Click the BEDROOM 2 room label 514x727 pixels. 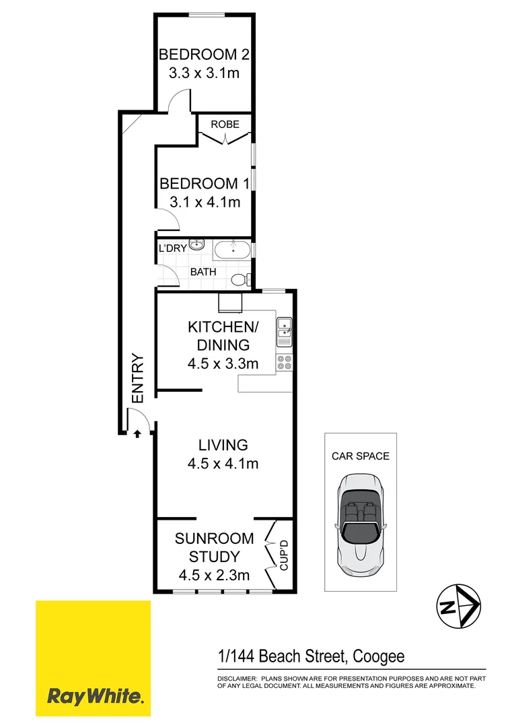pyautogui.click(x=198, y=55)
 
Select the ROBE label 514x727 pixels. pyautogui.click(x=225, y=125)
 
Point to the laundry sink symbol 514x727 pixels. pyautogui.click(x=196, y=245)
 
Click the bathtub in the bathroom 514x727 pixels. pyautogui.click(x=232, y=252)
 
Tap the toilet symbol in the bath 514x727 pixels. pyautogui.click(x=239, y=279)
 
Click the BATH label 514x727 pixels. pyautogui.click(x=203, y=272)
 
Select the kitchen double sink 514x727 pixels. pyautogui.click(x=284, y=328)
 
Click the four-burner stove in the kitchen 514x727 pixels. pyautogui.click(x=284, y=362)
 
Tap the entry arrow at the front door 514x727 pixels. pyautogui.click(x=137, y=434)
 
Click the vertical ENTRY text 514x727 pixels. pyautogui.click(x=138, y=379)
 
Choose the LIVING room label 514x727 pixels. pyautogui.click(x=223, y=445)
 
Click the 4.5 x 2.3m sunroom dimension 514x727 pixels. pyautogui.click(x=214, y=575)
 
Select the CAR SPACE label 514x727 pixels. pyautogui.click(x=361, y=456)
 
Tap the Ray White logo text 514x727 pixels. pyautogui.click(x=95, y=695)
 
